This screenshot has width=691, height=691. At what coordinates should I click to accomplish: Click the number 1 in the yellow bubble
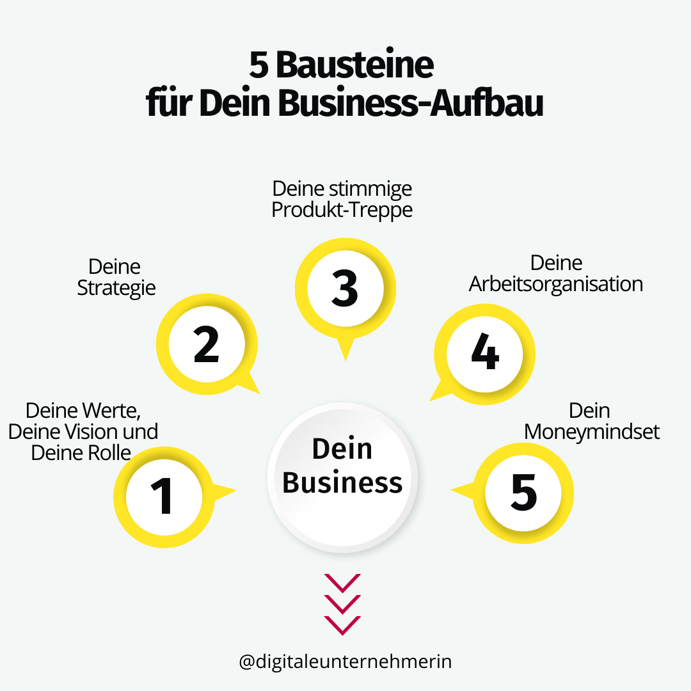point(163,496)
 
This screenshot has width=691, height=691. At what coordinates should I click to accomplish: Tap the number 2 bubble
point(206,345)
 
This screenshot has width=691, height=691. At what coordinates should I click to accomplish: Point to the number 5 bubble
point(523,493)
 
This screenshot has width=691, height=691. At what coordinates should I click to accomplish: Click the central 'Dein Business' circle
point(342,466)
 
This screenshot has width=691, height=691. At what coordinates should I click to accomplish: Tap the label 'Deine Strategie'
point(116,277)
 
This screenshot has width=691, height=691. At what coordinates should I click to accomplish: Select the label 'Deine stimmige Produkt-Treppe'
point(342,199)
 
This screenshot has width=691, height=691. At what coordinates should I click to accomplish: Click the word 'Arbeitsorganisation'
point(555,284)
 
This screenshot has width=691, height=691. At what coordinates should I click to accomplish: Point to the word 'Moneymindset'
point(591,431)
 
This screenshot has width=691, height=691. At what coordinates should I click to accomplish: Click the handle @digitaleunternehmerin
point(345,661)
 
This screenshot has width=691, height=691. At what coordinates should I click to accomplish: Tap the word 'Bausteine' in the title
point(355,66)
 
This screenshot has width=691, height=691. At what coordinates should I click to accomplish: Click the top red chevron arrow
point(342,582)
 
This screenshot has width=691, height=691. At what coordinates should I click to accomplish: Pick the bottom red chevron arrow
point(342,624)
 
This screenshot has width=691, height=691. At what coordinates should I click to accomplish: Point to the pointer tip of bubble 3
point(345,359)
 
